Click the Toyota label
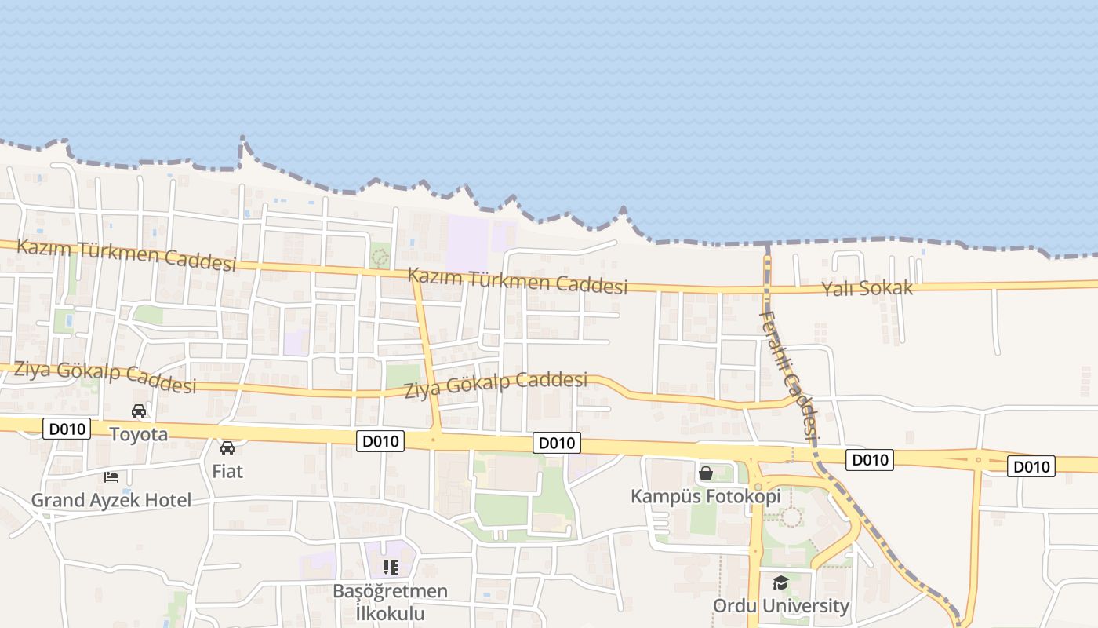point(138,434)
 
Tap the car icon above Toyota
point(139,411)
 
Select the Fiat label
point(227,471)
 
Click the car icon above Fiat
point(227,448)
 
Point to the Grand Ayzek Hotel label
point(111,500)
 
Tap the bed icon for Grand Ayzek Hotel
point(111,476)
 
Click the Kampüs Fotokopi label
point(706,496)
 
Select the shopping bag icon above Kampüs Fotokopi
point(706,473)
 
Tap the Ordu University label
point(780,606)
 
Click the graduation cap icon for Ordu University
point(780,582)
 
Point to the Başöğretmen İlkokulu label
point(391,601)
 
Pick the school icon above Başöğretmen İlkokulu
point(390,567)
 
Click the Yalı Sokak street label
point(867,288)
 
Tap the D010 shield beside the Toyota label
point(67,429)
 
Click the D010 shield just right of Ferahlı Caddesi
point(869,460)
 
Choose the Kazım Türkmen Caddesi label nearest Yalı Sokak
point(518,281)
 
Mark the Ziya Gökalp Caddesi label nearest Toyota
point(104,376)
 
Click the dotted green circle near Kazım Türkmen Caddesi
point(380,256)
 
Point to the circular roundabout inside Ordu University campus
point(791,517)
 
